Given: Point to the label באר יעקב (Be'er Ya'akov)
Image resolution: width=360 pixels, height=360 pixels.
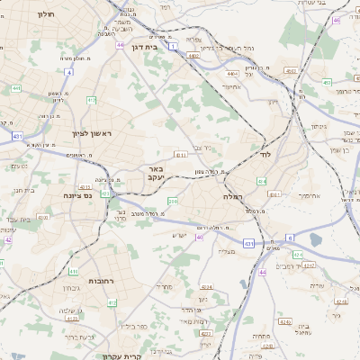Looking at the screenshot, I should point(149,172).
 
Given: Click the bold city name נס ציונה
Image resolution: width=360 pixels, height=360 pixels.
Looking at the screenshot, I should point(79,194).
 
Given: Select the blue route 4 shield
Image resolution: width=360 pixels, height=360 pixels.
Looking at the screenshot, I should point(68,71).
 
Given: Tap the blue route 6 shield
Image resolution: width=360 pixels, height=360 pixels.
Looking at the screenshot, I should point(290,238).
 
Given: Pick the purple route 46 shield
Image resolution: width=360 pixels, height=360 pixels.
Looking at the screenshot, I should point(336,20).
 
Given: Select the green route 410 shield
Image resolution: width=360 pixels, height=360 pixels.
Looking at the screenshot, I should point(75,271).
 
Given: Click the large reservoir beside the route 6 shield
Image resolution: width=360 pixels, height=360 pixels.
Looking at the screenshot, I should point(314,240).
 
